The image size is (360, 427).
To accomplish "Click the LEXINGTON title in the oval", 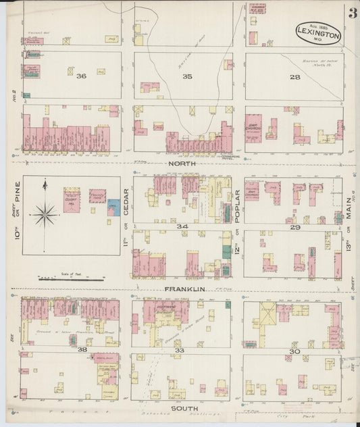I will [x=319, y=32].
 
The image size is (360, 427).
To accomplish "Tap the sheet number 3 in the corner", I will [x=353, y=13].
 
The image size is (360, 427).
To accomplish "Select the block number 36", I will [x=82, y=76].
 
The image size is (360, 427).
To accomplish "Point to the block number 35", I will [x=187, y=77].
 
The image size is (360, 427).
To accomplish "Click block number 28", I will [x=294, y=77].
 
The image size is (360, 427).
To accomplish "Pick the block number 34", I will [x=182, y=226].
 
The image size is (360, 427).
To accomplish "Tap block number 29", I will [x=294, y=228].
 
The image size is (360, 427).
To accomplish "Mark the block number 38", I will [x=82, y=350].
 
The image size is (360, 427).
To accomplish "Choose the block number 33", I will [x=180, y=351].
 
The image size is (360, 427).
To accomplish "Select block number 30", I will [x=294, y=351].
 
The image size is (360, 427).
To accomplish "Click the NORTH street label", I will [x=182, y=164].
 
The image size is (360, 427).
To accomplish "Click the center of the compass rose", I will [x=46, y=215].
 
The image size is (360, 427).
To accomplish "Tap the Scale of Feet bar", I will [x=71, y=278].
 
